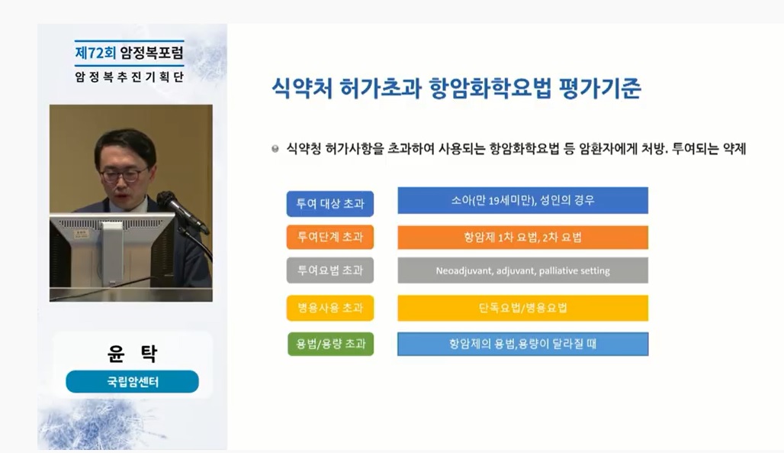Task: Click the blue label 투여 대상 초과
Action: pyautogui.click(x=330, y=203)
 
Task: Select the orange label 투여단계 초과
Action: pyautogui.click(x=330, y=237)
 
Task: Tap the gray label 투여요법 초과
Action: pyautogui.click(x=330, y=270)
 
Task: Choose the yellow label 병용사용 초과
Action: pyautogui.click(x=330, y=308)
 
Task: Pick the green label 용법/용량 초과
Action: pyautogui.click(x=330, y=344)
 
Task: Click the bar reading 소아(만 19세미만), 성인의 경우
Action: pyautogui.click(x=523, y=200)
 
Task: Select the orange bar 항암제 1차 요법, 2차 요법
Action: pyautogui.click(x=523, y=237)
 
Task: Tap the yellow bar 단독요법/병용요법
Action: pyautogui.click(x=523, y=308)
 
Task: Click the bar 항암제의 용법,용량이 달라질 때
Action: pyautogui.click(x=523, y=344)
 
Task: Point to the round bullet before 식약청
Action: pyautogui.click(x=275, y=149)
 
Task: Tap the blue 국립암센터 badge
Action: pyautogui.click(x=132, y=382)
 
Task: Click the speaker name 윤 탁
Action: pyautogui.click(x=133, y=353)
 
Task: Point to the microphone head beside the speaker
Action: pyautogui.click(x=168, y=200)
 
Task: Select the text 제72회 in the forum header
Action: pyautogui.click(x=95, y=53)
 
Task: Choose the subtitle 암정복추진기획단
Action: pyautogui.click(x=130, y=76)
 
